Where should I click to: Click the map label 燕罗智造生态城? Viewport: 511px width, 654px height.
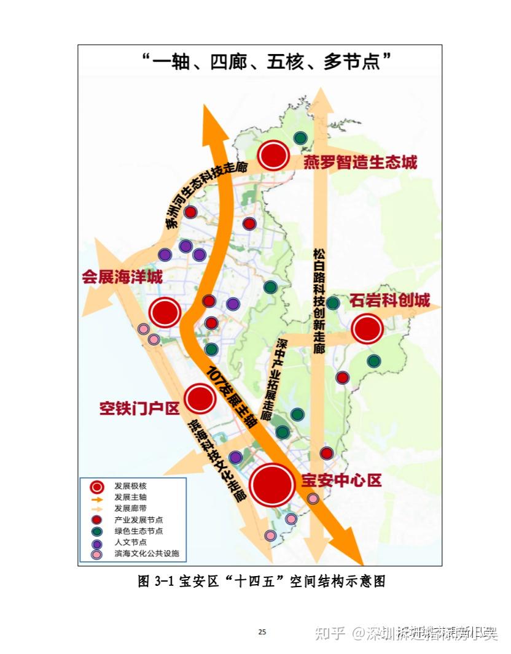point(360,162)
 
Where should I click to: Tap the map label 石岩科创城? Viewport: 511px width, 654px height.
point(390,301)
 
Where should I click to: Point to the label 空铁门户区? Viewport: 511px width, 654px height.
point(139,409)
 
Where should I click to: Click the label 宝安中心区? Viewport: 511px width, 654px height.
point(341,480)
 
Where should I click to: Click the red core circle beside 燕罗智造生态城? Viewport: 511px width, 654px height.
point(273,155)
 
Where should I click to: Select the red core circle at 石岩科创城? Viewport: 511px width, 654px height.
point(367,329)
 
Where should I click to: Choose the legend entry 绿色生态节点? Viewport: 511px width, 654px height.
point(138,531)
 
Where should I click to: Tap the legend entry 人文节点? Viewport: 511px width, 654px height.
point(130,542)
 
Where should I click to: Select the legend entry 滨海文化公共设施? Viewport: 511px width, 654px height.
point(146,554)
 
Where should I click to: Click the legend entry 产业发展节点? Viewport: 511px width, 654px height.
point(138,520)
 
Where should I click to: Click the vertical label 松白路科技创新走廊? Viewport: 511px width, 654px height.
point(318,301)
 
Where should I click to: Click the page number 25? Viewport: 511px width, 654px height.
point(262,633)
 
